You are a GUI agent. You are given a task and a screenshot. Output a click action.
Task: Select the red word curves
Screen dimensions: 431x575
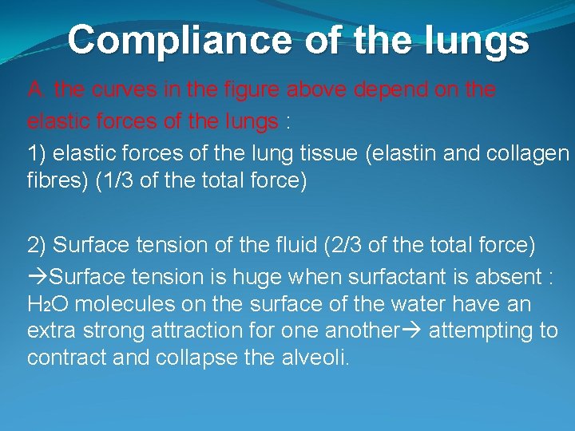tap(120, 90)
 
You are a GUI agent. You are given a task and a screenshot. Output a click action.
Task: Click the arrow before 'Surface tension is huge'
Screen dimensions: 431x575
tap(37, 277)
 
